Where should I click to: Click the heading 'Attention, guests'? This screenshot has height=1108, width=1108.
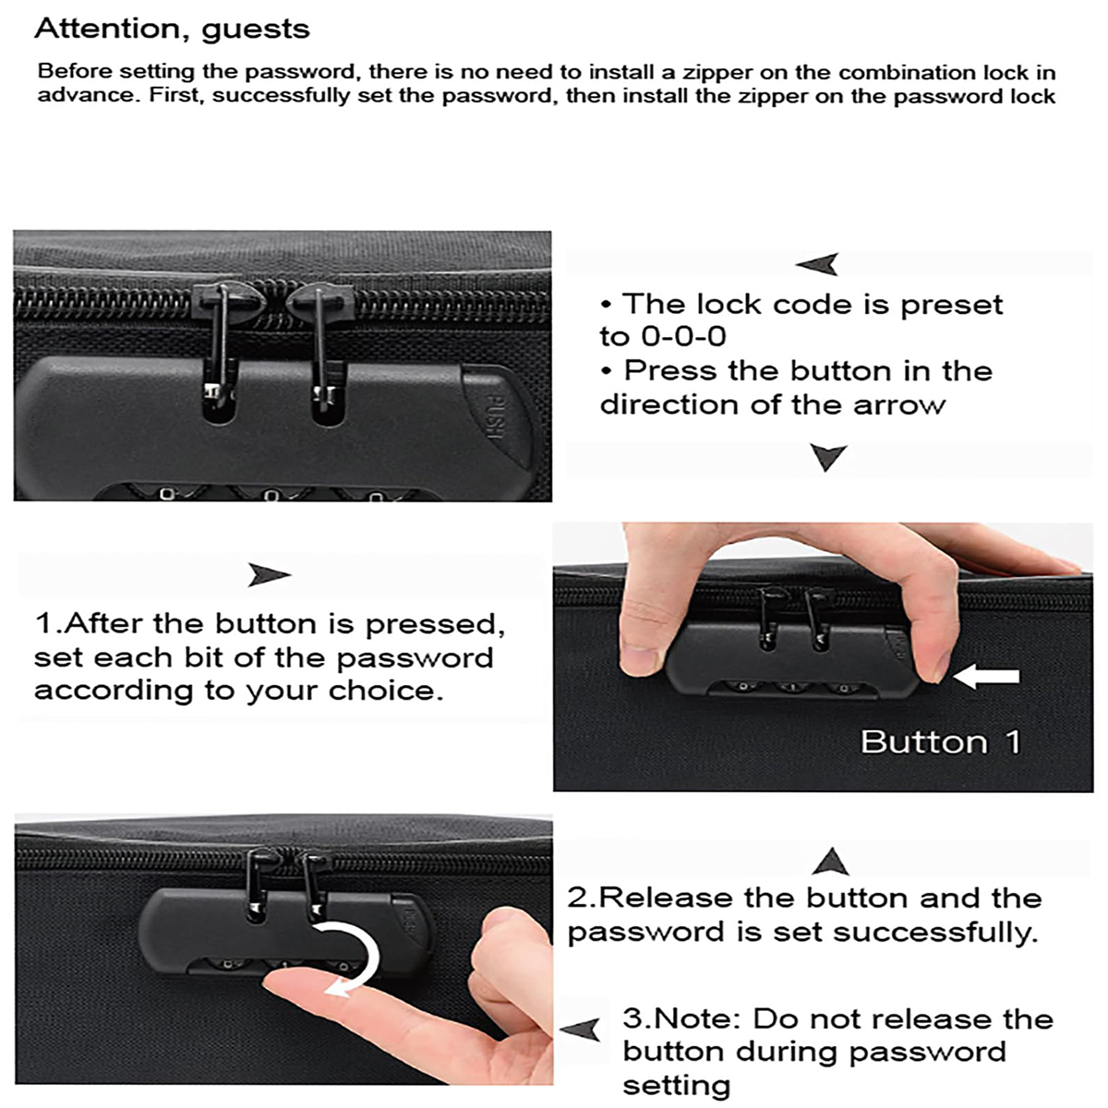[172, 30]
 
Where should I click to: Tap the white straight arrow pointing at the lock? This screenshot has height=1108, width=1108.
[986, 677]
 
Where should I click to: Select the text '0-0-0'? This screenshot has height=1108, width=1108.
[683, 337]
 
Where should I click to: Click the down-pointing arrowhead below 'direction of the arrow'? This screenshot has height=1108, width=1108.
[827, 456]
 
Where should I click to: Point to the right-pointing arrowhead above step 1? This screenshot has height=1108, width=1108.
[269, 575]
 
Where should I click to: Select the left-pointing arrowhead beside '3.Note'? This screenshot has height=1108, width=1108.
[581, 1029]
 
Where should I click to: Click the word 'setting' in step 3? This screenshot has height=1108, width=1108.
[676, 1085]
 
